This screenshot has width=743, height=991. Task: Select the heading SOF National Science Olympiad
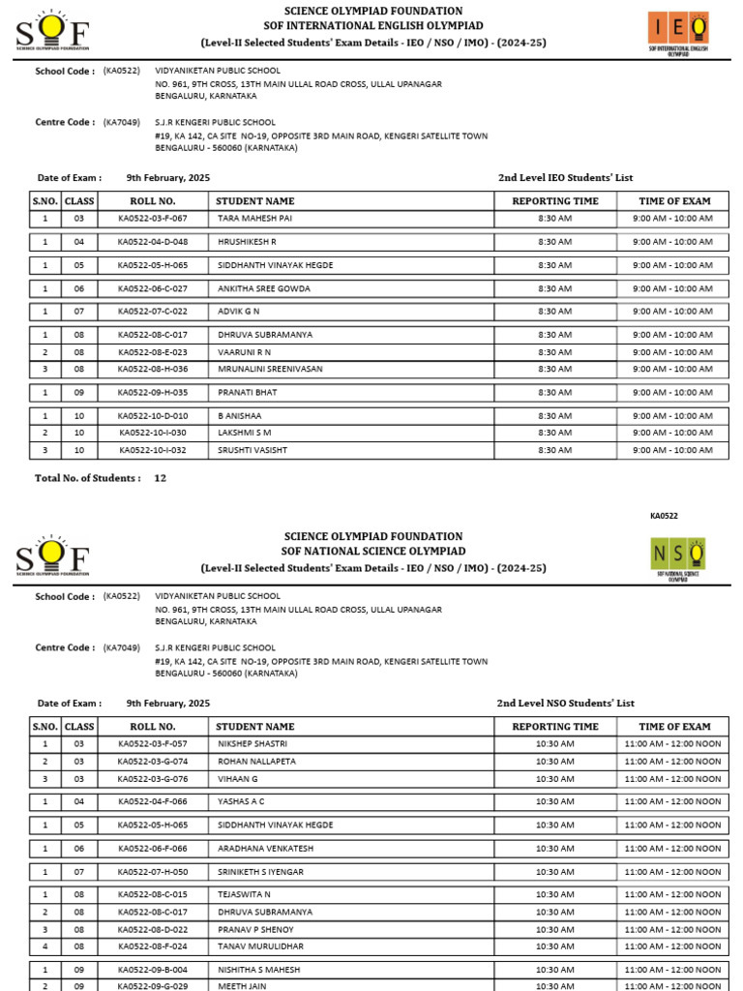point(372,551)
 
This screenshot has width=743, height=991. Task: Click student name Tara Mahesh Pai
point(253,219)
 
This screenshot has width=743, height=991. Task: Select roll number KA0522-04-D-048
point(153,242)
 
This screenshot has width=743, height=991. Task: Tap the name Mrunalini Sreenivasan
point(269,369)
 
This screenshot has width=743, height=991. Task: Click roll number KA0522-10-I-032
point(153,450)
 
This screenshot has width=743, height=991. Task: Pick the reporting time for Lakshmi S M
point(554,433)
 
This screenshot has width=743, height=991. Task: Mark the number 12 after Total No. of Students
point(161,478)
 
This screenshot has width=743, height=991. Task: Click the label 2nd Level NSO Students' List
point(565,704)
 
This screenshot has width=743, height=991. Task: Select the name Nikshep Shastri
point(251,744)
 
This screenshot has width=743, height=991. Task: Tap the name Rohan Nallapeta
point(256,762)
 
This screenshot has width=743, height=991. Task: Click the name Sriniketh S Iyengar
point(260,872)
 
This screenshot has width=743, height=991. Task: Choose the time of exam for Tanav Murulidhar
point(672,946)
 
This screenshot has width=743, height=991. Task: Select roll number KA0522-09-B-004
point(153,970)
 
